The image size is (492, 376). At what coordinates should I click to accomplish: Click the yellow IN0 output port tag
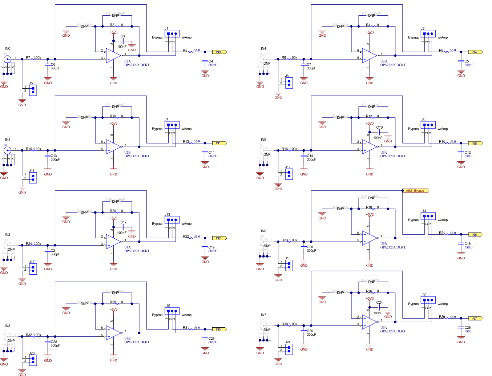[x=219, y=52]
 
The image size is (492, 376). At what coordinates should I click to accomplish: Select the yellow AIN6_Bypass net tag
[x=415, y=191]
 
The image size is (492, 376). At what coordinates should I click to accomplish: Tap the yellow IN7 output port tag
[x=475, y=319]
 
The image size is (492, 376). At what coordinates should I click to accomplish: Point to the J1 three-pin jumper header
[x=172, y=34]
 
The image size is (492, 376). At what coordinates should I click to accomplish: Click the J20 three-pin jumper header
[x=428, y=300]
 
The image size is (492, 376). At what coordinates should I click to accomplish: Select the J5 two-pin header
[x=33, y=90]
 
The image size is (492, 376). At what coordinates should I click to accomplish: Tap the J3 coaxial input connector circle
[x=7, y=59]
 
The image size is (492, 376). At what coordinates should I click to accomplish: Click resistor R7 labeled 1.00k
[x=33, y=59]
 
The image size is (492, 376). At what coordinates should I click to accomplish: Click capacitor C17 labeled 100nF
[x=123, y=226]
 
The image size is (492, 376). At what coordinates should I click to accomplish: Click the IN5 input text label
[x=263, y=140]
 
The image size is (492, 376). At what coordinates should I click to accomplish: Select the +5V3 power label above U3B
[x=370, y=32]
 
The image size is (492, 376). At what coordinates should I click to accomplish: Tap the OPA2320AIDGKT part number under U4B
[x=137, y=342]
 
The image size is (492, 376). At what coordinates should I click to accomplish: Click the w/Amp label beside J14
[x=443, y=220]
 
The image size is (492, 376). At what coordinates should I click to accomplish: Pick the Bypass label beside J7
[x=157, y=129]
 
